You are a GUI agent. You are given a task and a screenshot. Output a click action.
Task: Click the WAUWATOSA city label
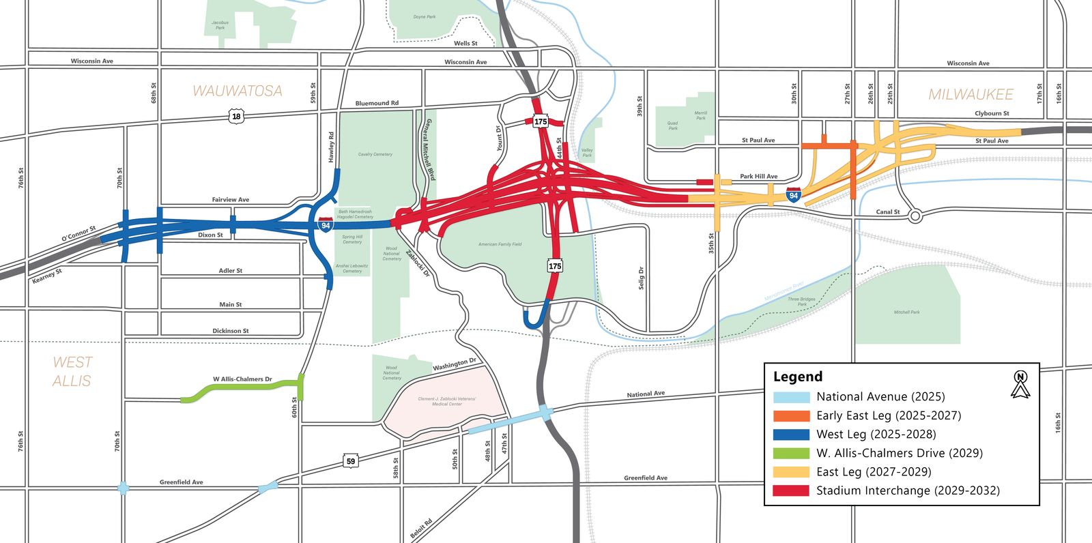(x=238, y=91)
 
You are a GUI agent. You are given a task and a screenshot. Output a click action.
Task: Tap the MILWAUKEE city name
(x=971, y=94)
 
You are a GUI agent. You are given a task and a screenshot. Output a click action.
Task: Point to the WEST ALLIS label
(x=72, y=372)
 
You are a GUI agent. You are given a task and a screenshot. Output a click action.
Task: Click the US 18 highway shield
(x=236, y=117)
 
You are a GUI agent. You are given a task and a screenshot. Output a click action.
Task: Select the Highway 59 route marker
(x=351, y=461)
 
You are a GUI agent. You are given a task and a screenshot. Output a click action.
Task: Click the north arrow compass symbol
(x=1020, y=385)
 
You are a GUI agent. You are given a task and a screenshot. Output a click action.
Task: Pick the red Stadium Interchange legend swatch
(x=791, y=490)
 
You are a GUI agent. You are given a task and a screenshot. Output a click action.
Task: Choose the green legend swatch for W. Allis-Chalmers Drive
(x=791, y=453)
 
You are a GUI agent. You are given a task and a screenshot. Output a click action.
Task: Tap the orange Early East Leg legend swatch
(x=791, y=415)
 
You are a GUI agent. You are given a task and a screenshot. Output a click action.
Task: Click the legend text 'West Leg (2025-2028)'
(x=876, y=435)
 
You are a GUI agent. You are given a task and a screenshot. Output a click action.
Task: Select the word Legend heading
(x=798, y=377)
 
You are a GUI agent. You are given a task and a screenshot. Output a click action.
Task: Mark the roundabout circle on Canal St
(x=915, y=216)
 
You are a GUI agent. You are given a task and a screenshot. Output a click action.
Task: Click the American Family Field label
(x=500, y=244)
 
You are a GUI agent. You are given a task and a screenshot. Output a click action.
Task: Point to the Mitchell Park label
(x=906, y=312)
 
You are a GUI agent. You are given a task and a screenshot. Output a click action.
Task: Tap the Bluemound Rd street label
(x=377, y=104)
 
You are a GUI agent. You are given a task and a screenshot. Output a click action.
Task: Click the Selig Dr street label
(x=642, y=278)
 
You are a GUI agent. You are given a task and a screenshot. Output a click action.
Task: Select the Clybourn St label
(x=992, y=114)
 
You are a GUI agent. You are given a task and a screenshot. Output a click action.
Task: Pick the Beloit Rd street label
(x=421, y=529)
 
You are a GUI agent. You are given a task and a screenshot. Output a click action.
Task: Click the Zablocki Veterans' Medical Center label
(x=447, y=401)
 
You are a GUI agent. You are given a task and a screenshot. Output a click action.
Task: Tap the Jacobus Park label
(x=220, y=25)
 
